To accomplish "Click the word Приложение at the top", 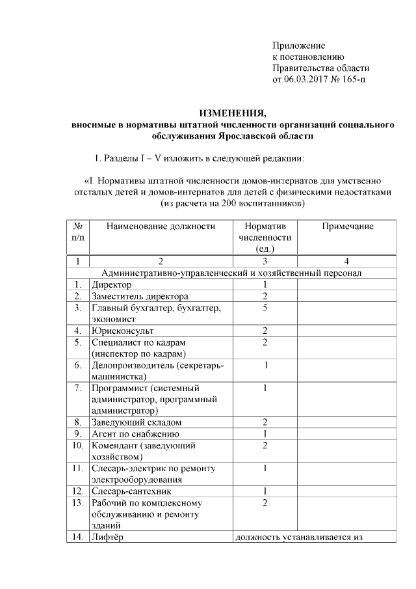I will click(298, 46).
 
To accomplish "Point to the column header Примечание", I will click(348, 226).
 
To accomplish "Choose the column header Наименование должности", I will click(161, 226).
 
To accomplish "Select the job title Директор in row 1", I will click(111, 284).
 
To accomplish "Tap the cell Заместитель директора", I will click(140, 296).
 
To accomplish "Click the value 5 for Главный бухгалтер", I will click(265, 308).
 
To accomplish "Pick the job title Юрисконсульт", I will click(122, 331).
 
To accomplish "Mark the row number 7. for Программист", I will click(77, 389).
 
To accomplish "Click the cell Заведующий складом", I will click(136, 422).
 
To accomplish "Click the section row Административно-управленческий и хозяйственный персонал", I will click(231, 273).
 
